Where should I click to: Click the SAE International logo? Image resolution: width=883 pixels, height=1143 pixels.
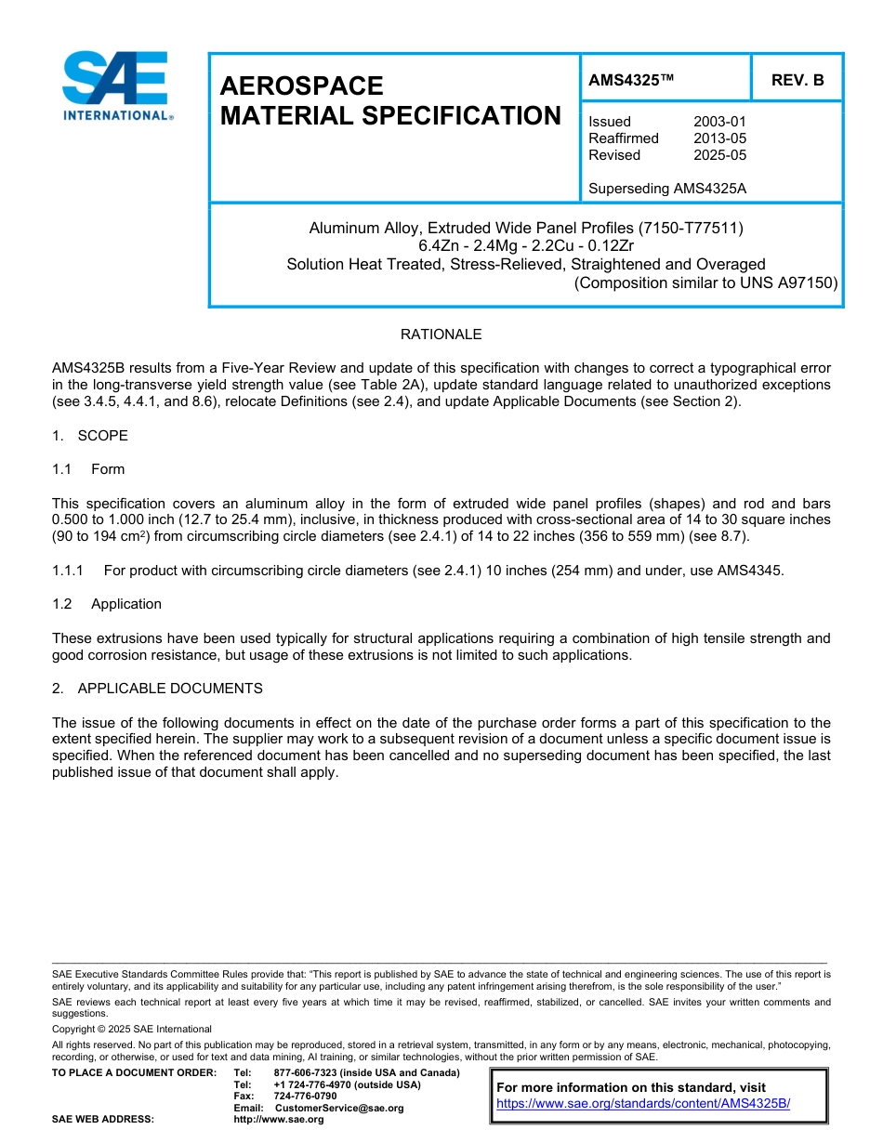[115, 85]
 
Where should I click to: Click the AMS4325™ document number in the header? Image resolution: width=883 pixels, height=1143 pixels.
[630, 80]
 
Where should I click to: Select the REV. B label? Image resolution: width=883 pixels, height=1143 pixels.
[797, 80]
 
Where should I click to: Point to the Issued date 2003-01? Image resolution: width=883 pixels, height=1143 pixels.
[719, 122]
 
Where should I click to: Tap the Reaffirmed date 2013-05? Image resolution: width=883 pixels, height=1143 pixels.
[719, 138]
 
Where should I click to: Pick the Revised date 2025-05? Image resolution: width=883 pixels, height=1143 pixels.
[719, 155]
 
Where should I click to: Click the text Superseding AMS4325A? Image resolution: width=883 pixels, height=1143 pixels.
[667, 189]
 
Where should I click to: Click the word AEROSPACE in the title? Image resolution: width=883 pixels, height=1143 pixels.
[301, 86]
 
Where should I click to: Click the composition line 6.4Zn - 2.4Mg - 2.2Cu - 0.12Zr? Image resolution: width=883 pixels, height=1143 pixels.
[526, 246]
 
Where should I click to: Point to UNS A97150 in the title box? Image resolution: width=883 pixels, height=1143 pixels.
[789, 282]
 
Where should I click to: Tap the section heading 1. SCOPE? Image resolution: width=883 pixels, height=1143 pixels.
[90, 436]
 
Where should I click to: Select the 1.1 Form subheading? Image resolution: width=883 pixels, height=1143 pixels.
[88, 469]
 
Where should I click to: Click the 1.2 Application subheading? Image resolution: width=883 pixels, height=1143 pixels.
[107, 604]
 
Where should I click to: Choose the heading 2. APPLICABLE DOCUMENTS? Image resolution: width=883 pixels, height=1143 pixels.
[157, 689]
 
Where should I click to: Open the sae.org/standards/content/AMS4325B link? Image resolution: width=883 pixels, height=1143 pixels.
[642, 1103]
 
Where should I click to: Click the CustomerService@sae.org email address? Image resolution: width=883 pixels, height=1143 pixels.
[339, 1108]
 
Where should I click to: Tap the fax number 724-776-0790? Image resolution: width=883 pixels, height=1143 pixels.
[305, 1096]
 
